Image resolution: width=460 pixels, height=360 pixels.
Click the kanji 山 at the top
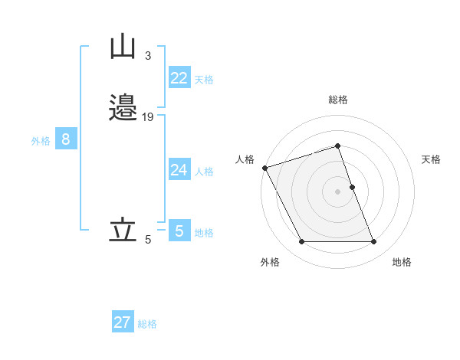tap(123, 47)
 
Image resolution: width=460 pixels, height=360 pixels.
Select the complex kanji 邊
tap(123, 108)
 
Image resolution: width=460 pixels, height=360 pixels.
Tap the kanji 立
tap(123, 231)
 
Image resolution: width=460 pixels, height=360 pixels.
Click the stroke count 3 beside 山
tap(147, 56)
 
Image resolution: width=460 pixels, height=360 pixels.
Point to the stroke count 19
tap(148, 116)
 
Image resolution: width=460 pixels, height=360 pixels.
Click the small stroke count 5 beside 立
tap(147, 240)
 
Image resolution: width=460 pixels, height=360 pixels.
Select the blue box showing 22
tap(179, 78)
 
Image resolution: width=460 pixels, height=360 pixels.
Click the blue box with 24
tap(179, 170)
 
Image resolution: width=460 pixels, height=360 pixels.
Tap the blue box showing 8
tap(66, 139)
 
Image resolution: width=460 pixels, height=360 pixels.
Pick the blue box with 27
tap(123, 322)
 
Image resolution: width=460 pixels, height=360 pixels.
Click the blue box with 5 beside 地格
tap(179, 231)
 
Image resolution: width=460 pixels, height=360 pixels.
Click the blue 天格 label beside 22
tap(204, 80)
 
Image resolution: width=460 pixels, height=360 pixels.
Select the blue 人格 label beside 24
tap(204, 172)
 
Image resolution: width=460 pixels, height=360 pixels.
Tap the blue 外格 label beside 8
tap(41, 141)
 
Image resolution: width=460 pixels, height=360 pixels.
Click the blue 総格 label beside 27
tap(147, 324)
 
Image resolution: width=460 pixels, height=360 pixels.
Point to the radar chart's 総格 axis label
tap(338, 100)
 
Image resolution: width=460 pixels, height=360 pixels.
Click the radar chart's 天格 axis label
tap(431, 159)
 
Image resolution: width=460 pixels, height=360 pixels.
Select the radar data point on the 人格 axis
tap(264, 167)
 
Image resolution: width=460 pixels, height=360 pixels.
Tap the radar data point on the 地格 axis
tap(374, 242)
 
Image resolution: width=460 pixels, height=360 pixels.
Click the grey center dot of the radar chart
tap(338, 191)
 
